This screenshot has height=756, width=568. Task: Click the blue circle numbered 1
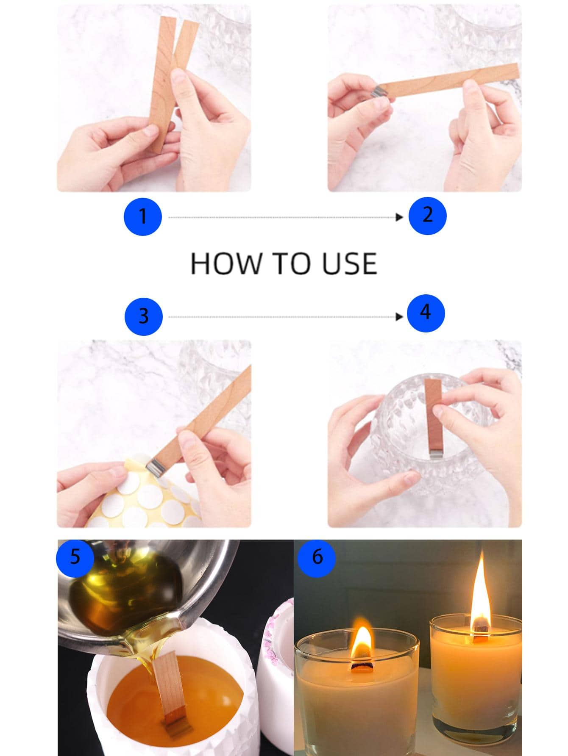142,216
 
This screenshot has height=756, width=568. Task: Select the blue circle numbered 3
143,316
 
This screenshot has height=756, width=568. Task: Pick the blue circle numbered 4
425,313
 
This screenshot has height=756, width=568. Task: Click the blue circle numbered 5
75,557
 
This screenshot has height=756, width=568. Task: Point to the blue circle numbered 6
317,557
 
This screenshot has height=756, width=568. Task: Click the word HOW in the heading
225,263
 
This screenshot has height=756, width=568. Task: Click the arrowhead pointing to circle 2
399,217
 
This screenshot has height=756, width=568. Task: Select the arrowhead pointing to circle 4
399,317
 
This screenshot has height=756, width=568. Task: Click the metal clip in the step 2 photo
378,91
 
